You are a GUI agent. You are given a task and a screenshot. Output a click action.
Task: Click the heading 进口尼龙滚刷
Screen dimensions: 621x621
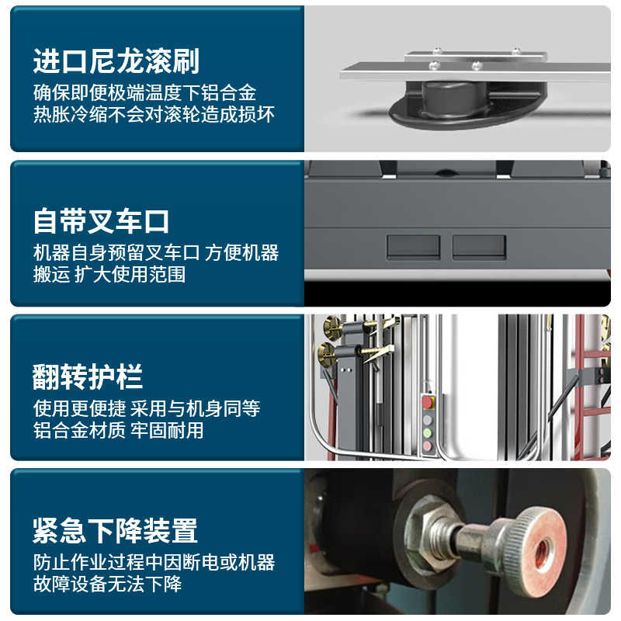pos(116,61)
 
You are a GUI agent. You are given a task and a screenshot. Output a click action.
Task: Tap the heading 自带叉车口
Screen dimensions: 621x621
pos(102,221)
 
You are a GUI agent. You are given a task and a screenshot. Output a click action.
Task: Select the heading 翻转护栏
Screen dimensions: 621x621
pos(88,376)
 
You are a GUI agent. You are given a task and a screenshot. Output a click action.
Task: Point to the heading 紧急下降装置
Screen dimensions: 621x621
pos(115,531)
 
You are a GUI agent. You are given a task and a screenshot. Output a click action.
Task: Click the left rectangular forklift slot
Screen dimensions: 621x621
pos(414,247)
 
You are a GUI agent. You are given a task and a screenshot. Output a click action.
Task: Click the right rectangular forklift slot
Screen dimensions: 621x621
pos(479,247)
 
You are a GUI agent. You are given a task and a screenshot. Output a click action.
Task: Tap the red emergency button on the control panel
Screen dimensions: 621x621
pos(428,402)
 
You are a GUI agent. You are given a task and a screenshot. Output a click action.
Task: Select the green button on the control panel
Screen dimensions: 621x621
pos(428,433)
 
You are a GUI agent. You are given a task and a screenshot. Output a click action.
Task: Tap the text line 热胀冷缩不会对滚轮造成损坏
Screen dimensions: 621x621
pos(154,114)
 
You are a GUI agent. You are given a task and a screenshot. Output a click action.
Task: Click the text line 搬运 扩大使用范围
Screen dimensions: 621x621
pos(109,274)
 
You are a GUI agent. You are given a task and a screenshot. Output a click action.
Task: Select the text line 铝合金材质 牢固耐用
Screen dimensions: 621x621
pos(119,430)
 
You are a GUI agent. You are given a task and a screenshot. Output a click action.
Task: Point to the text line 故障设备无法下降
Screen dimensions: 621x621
pos(107,584)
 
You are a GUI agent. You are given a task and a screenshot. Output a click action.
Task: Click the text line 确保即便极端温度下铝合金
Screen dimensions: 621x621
pos(144,92)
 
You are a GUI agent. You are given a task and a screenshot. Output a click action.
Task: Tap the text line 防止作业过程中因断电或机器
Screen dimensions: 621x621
pos(154,562)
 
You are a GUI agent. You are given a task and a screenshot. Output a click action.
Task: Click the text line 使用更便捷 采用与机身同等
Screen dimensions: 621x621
pos(147,408)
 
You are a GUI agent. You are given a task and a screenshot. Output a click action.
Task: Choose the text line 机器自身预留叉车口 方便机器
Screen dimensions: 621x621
pos(156,253)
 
